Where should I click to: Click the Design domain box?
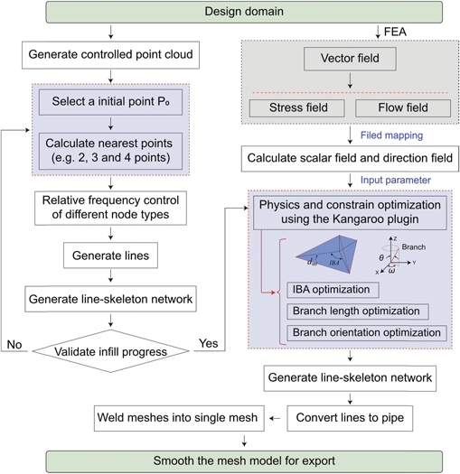coord(244,12)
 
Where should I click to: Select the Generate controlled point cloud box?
coord(110,55)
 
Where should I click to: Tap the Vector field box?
coord(350,59)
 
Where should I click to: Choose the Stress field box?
coord(297,108)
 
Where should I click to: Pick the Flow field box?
coord(403,108)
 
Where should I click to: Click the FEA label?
coord(395,32)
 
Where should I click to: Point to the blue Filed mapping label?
coord(391,135)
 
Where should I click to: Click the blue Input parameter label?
coord(396,180)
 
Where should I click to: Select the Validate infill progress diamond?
coord(110,351)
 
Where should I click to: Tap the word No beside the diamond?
coord(14,344)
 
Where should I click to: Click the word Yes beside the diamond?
coord(209,343)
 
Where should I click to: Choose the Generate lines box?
coord(110,256)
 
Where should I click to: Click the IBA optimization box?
coord(333,290)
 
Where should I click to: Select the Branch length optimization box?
coord(358,311)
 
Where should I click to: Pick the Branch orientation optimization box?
coord(367,333)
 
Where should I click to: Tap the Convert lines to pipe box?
coord(350,418)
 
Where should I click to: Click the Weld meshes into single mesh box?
coord(179,418)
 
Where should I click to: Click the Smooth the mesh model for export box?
coord(244,461)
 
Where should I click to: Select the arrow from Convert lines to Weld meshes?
coord(275,419)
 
